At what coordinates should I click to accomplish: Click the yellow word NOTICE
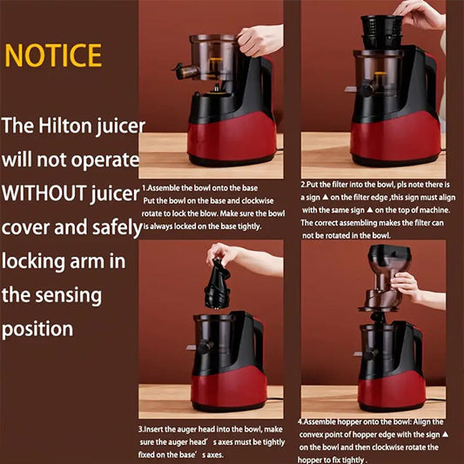(x=53, y=55)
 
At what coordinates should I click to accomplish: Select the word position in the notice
(x=37, y=330)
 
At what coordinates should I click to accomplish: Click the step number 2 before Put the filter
(x=303, y=185)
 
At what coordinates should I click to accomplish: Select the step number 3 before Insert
(x=141, y=429)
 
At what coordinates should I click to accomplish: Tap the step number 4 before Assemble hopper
(x=301, y=419)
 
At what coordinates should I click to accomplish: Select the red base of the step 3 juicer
(x=228, y=383)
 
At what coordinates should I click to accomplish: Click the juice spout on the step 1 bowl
(x=182, y=70)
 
